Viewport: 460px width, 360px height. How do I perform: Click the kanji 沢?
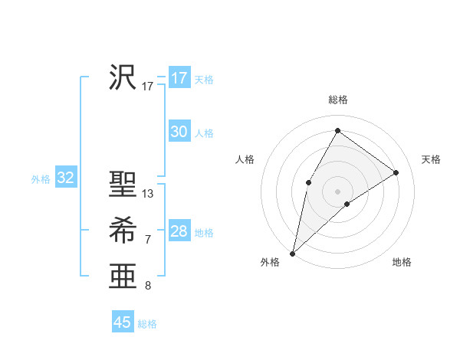tap(123, 77)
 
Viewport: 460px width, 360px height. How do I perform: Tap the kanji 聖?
tap(123, 185)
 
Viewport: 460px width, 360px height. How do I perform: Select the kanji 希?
tap(123, 231)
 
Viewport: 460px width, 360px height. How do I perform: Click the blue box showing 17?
tap(179, 78)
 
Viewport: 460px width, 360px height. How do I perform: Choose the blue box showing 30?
tap(179, 132)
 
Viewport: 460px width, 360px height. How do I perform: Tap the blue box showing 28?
tap(179, 231)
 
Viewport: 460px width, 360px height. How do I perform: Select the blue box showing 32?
tap(66, 178)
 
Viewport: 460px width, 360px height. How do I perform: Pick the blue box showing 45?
tap(123, 322)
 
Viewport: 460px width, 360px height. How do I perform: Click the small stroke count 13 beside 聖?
tap(148, 194)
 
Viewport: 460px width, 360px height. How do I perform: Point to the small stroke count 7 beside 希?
tap(148, 240)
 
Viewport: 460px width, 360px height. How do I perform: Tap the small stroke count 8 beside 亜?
tap(148, 286)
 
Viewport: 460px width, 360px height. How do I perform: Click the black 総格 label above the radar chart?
tap(337, 100)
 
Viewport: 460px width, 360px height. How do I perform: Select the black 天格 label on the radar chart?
tap(431, 159)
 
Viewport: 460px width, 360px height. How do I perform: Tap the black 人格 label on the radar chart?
tap(245, 159)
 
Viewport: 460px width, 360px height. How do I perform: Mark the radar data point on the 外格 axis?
tap(292, 253)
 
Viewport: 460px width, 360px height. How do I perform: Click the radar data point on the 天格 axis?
tap(396, 172)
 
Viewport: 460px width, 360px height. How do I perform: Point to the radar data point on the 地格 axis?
tap(347, 204)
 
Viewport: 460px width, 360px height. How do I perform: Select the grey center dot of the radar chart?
tap(337, 191)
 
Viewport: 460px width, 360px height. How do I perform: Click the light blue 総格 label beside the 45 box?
tap(147, 324)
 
